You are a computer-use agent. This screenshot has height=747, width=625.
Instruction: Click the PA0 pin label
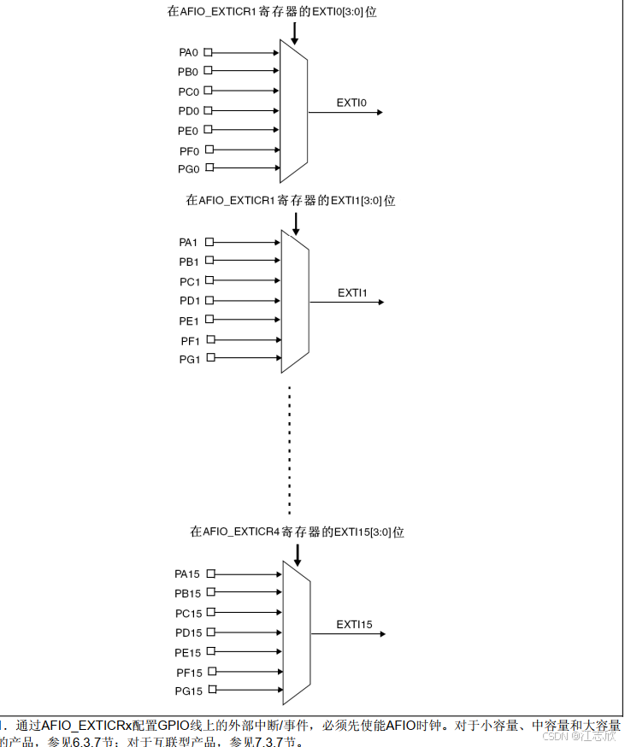188,52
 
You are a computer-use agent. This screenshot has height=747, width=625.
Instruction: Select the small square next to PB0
208,72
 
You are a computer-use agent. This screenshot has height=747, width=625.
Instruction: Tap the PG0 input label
188,169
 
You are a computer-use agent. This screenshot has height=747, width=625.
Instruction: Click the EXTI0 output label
351,103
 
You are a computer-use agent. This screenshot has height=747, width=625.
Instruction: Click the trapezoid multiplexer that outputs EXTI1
294,301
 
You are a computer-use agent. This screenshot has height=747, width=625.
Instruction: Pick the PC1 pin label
189,281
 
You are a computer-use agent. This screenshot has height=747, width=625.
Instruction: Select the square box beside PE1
209,321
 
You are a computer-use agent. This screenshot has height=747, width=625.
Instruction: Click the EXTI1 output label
352,292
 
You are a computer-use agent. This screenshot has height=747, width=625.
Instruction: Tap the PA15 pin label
186,573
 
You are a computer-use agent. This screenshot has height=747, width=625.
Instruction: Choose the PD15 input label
186,632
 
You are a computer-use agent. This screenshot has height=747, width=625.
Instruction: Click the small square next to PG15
211,690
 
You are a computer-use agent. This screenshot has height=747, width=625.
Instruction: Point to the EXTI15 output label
354,625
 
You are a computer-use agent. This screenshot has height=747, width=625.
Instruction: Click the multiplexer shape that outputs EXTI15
296,633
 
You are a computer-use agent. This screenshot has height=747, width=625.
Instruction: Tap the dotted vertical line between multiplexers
290,449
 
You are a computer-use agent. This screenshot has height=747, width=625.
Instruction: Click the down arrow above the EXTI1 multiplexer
296,225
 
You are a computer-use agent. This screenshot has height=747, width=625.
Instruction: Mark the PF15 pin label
188,672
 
